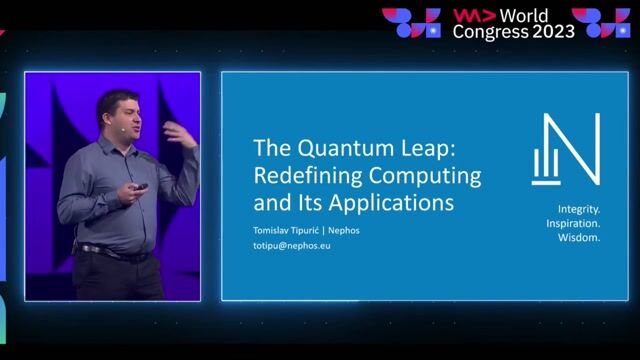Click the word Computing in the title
425,176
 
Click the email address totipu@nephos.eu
292,245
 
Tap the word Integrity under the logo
579,209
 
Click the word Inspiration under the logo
579,224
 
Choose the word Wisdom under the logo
579,239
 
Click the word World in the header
523,15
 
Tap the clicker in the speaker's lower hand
141,187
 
